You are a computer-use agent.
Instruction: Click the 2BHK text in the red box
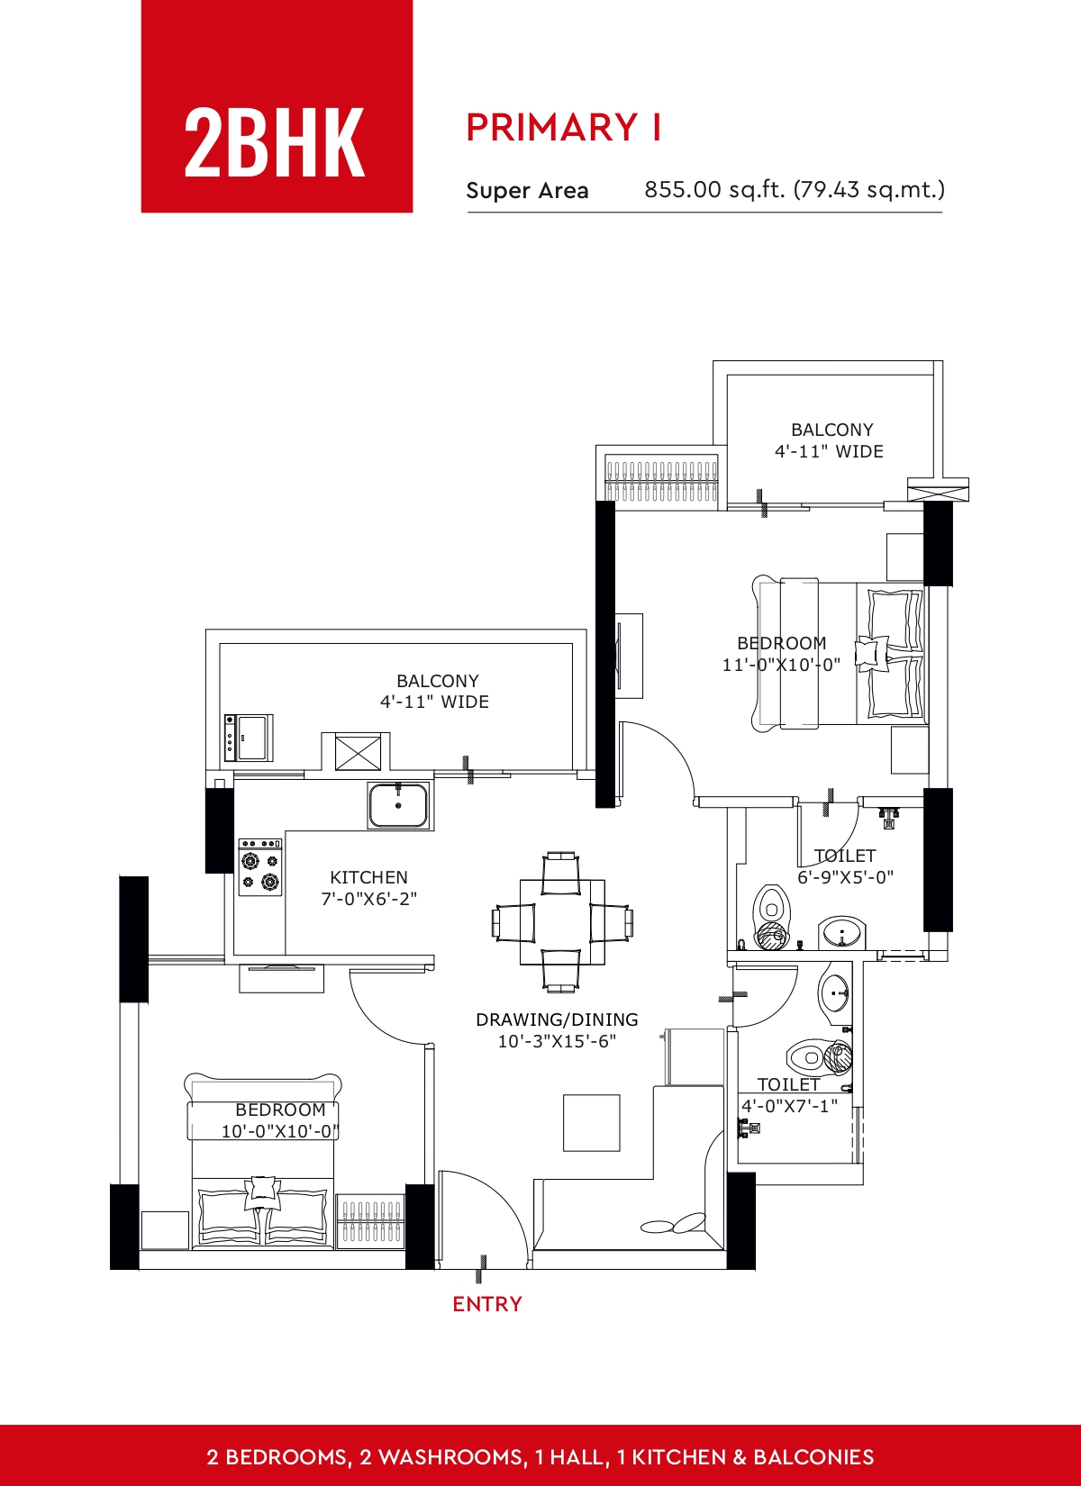click(x=275, y=142)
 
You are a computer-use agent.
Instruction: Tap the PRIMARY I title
click(x=564, y=127)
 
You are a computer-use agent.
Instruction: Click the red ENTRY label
click(x=487, y=1304)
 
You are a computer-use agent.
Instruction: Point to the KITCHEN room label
click(x=369, y=877)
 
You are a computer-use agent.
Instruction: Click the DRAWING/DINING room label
click(x=557, y=1019)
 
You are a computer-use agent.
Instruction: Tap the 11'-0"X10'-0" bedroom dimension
click(x=781, y=664)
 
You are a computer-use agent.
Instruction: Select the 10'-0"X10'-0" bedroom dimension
click(x=280, y=1131)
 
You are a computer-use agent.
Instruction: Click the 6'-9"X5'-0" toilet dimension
click(x=845, y=877)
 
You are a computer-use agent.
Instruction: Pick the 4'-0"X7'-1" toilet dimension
click(x=789, y=1106)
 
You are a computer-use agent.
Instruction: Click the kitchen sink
click(x=398, y=805)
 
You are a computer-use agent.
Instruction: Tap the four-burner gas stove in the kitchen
click(x=260, y=867)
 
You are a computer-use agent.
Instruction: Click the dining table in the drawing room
click(x=562, y=922)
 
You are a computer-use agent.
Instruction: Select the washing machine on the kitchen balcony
click(x=249, y=738)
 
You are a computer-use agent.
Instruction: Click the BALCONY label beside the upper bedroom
click(x=832, y=430)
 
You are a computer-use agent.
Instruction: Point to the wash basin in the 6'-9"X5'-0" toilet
click(x=841, y=933)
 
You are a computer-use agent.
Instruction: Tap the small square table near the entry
click(x=591, y=1123)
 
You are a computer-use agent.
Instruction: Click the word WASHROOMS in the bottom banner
click(x=450, y=1457)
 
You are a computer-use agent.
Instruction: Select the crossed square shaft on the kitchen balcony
click(x=358, y=752)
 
